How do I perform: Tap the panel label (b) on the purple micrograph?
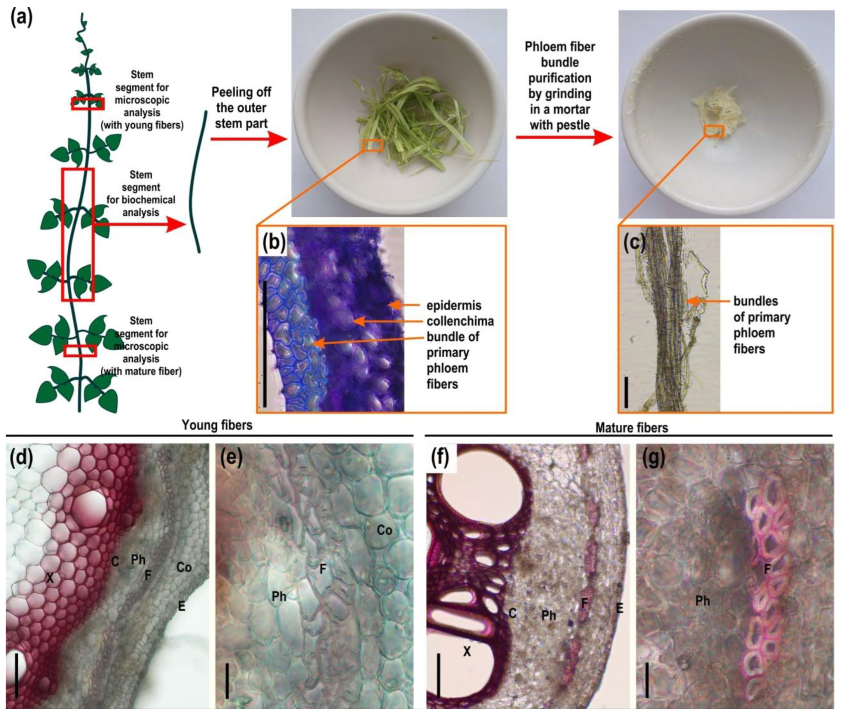(274, 243)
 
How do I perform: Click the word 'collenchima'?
(460, 321)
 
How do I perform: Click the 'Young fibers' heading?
(217, 425)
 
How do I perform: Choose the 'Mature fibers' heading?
(631, 427)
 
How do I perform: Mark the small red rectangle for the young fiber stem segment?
(88, 104)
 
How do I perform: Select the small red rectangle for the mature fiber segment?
(80, 351)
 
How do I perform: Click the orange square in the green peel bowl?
(372, 145)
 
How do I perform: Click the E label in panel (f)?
(619, 608)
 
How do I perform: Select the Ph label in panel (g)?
(702, 601)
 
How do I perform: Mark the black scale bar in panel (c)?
(626, 392)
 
